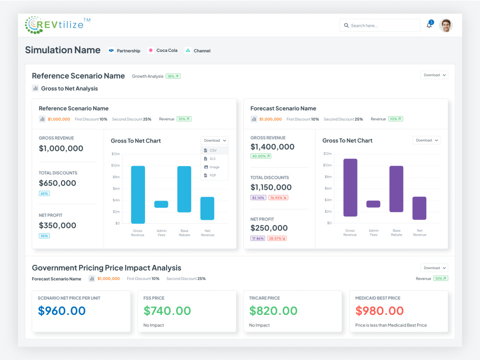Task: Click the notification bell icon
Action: click(x=429, y=25)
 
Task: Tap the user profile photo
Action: click(x=446, y=25)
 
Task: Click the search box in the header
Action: click(x=380, y=25)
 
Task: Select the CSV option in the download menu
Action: click(x=213, y=150)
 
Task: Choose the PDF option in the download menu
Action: click(x=213, y=175)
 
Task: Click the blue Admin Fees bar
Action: click(x=161, y=204)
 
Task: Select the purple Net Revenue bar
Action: click(x=420, y=208)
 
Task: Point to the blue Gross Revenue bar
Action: click(x=138, y=195)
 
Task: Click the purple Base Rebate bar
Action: click(x=396, y=189)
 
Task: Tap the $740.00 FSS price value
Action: click(x=167, y=311)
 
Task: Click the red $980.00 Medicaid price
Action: click(x=379, y=311)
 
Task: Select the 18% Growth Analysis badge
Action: click(x=173, y=76)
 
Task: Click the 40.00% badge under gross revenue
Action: click(x=261, y=156)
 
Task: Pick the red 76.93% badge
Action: click(x=278, y=198)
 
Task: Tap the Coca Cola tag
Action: click(x=163, y=50)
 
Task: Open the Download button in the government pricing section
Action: click(x=434, y=268)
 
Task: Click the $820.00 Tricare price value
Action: click(x=273, y=311)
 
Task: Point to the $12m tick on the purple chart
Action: click(x=327, y=154)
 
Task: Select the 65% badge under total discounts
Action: click(x=44, y=193)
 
